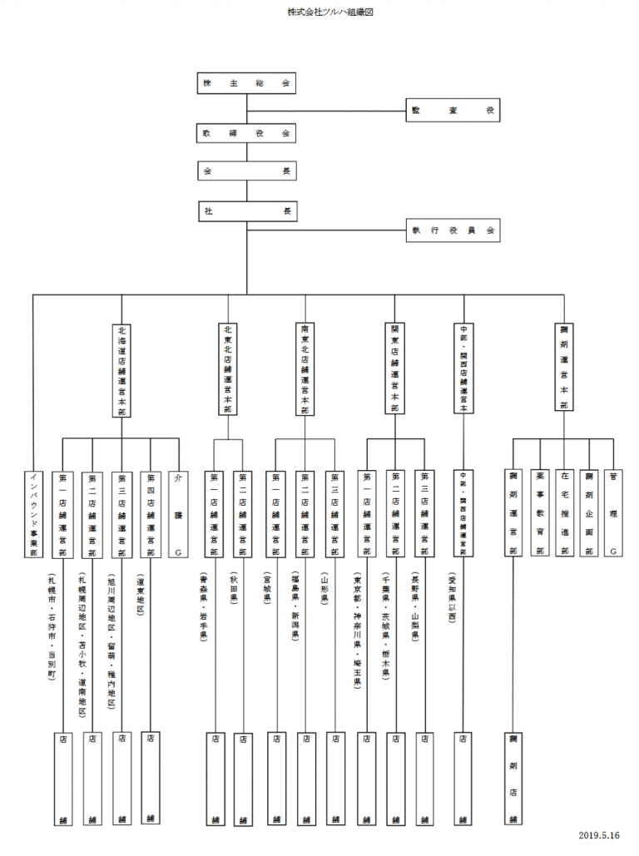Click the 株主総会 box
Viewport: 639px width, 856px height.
(246, 84)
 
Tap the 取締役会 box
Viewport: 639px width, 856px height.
(246, 133)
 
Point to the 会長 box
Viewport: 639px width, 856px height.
(246, 171)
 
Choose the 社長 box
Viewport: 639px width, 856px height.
(246, 211)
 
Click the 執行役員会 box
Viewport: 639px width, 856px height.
(453, 230)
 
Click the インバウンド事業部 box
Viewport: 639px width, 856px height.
(34, 512)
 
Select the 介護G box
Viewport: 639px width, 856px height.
(176, 512)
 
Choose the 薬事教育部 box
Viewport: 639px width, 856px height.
(540, 512)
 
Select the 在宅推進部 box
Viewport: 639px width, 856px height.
(565, 512)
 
